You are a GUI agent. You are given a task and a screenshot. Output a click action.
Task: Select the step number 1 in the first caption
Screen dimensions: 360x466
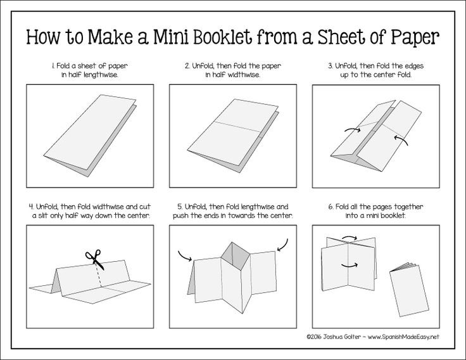pyautogui.click(x=54, y=65)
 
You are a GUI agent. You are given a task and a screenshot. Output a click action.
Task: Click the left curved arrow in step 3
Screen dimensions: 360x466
pyautogui.click(x=350, y=130)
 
